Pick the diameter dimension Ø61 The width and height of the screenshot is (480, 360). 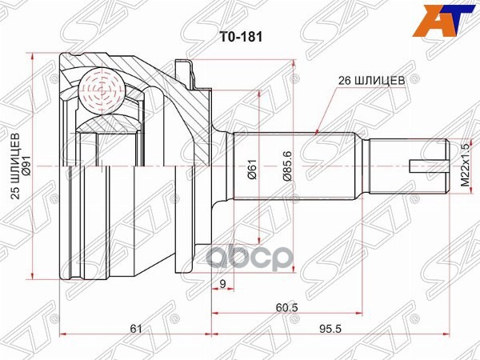point(253,170)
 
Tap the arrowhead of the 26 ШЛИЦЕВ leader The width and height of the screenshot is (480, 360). point(318,130)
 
